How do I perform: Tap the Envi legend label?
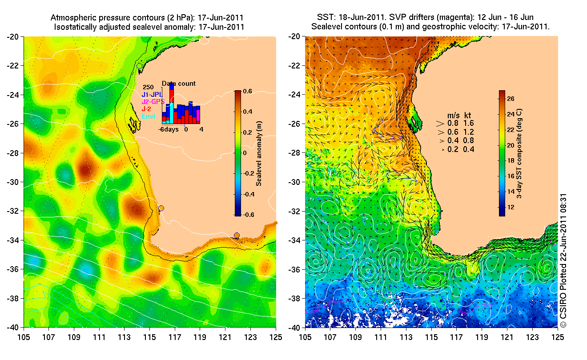149,116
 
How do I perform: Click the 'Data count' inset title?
178,84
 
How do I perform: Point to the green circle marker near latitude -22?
140,66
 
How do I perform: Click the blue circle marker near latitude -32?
161,208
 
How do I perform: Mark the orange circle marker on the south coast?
237,235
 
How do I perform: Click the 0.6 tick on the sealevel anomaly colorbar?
248,92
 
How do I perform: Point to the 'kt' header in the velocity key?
467,115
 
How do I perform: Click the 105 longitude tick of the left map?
24,337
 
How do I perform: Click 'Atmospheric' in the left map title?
69,18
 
